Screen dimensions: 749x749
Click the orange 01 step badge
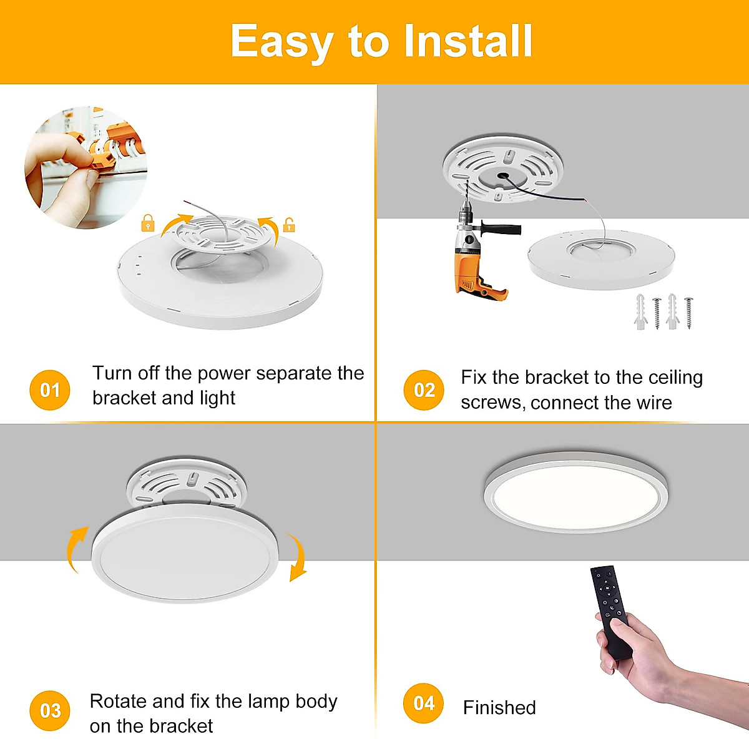pyautogui.click(x=50, y=390)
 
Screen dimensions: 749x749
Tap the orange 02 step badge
pyautogui.click(x=424, y=390)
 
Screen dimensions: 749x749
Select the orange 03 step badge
pyautogui.click(x=50, y=710)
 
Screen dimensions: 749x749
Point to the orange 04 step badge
pyautogui.click(x=424, y=703)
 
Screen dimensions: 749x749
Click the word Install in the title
pyautogui.click(x=468, y=41)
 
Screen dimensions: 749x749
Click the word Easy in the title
pyautogui.click(x=282, y=43)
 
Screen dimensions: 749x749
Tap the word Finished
pyautogui.click(x=499, y=707)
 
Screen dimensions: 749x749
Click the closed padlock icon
pyautogui.click(x=148, y=223)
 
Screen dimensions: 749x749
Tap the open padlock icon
pyautogui.click(x=288, y=224)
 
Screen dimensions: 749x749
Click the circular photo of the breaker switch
pyautogui.click(x=86, y=167)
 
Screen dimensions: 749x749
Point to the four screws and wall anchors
pyautogui.click(x=664, y=311)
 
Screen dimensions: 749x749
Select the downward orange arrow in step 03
pyautogui.click(x=297, y=557)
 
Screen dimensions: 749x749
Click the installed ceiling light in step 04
pyautogui.click(x=575, y=492)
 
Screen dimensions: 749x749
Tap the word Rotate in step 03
pyautogui.click(x=118, y=701)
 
